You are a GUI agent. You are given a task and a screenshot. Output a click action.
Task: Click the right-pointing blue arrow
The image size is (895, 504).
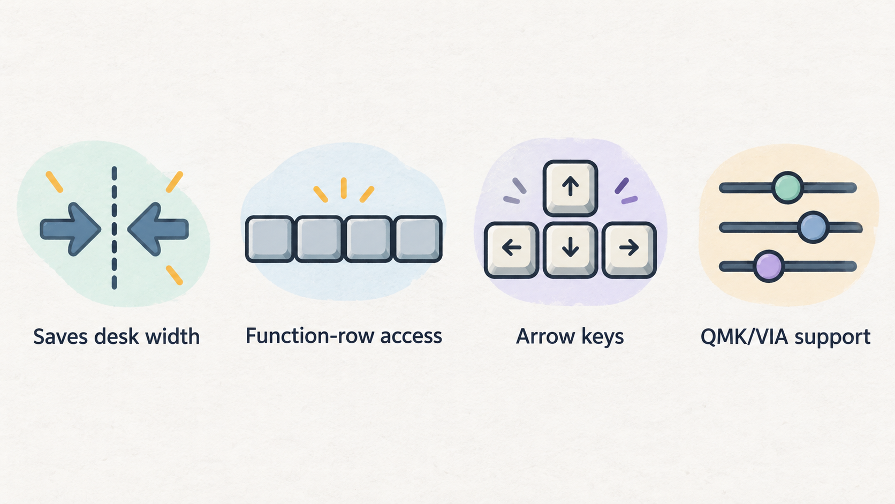coord(70,229)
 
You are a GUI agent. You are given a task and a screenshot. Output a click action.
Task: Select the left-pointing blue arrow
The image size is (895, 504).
coord(158,229)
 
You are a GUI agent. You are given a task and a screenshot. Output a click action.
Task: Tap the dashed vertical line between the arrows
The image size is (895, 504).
coord(114,228)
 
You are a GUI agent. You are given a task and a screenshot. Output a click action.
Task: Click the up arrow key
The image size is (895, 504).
coord(570,188)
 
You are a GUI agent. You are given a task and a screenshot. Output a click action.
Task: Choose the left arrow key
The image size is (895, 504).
coord(511,250)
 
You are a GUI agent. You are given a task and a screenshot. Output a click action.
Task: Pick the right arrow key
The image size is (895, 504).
coord(629,250)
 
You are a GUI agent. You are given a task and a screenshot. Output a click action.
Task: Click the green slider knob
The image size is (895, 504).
coord(787,187)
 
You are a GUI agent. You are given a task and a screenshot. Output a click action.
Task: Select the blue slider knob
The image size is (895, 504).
coord(813,227)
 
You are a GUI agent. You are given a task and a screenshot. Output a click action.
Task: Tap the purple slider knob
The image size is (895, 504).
coord(769,266)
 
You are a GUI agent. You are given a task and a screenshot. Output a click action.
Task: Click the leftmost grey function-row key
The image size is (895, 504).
coord(270,239)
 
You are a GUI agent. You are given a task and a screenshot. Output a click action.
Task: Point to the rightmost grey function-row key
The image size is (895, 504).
coord(418,239)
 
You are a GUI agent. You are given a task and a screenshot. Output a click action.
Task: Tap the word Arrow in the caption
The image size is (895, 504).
coord(545,336)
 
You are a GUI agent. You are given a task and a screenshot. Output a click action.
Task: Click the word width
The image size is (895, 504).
coord(172,336)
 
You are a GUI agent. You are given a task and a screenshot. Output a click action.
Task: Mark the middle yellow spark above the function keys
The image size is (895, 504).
coord(344,188)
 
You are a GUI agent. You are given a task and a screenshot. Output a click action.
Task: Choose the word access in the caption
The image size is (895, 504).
coord(411,336)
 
